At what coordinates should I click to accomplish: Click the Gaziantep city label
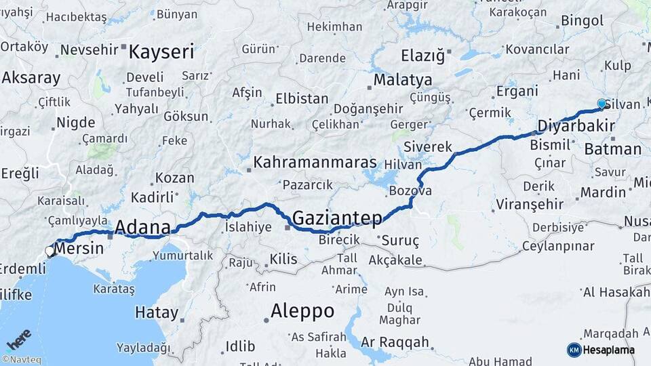[x=337, y=218]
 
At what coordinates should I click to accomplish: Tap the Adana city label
[x=142, y=226]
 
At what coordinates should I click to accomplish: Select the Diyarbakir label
[x=576, y=125]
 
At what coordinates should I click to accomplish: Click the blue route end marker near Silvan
[x=601, y=104]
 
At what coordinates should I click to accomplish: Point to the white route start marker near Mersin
[x=50, y=251]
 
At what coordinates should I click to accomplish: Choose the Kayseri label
[x=161, y=52]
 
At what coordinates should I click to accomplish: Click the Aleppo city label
[x=302, y=311]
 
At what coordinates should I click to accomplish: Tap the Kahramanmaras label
[x=315, y=163]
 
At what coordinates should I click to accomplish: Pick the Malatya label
[x=403, y=80]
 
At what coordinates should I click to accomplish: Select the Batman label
[x=612, y=150]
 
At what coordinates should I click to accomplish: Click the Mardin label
[x=603, y=192]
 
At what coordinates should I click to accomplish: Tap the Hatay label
[x=157, y=313]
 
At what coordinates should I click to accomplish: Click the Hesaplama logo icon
[x=574, y=350]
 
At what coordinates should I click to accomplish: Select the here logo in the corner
[x=18, y=339]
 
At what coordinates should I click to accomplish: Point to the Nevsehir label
[x=90, y=49]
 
